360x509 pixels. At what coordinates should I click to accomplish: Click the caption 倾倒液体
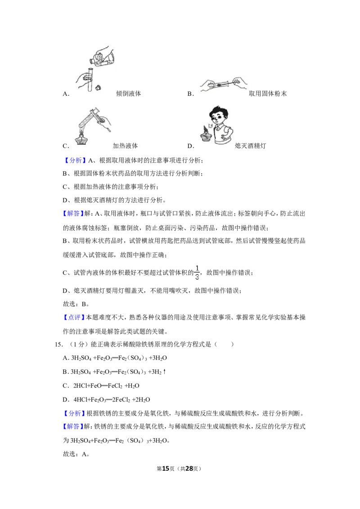coord(129,94)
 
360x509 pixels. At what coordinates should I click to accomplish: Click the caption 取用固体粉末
coord(268,94)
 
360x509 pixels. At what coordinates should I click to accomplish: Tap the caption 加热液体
coord(125,146)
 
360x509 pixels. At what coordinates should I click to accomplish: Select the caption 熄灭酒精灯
coord(251,146)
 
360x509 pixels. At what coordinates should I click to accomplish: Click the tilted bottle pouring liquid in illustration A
coord(102,58)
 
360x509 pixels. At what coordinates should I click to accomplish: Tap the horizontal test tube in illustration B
coord(221,85)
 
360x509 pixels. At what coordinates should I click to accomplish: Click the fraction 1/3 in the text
coord(197,272)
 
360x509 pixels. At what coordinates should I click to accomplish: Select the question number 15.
coord(59,344)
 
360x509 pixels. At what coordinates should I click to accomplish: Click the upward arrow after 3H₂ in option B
coord(164,372)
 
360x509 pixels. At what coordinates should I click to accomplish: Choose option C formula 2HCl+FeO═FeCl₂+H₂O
coord(106,386)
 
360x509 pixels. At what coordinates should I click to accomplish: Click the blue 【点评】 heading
coord(74,317)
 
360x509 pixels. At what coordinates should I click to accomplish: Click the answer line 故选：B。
coord(76,304)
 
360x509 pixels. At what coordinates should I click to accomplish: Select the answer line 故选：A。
coord(76,454)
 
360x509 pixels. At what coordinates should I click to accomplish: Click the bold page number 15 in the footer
coord(166,469)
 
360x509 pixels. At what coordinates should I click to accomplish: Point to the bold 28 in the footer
coord(189,469)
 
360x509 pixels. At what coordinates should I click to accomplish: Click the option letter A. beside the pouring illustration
coord(66,94)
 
